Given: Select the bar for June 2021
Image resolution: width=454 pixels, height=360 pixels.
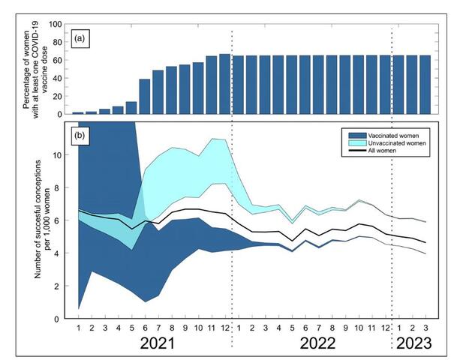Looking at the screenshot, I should (x=144, y=96).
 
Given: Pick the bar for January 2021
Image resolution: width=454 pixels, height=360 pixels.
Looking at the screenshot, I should (x=78, y=112).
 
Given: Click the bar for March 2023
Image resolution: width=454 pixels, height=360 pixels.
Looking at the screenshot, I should (x=425, y=85).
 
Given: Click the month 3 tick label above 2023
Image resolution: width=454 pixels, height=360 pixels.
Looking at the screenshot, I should (x=425, y=327).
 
